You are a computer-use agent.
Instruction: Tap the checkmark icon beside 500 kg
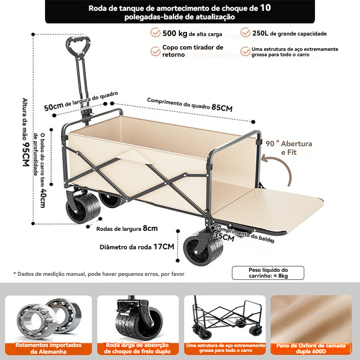click(x=156, y=33)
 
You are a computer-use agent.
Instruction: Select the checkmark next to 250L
click(x=246, y=33)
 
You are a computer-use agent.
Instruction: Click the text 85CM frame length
click(x=222, y=108)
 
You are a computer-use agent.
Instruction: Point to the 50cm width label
click(x=53, y=107)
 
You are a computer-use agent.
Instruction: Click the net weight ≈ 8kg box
click(x=268, y=273)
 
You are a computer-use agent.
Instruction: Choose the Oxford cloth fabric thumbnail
click(x=311, y=317)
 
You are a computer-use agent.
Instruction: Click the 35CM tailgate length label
click(x=224, y=236)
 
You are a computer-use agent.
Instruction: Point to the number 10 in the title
click(x=265, y=8)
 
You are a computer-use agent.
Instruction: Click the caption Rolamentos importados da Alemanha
click(x=49, y=348)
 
